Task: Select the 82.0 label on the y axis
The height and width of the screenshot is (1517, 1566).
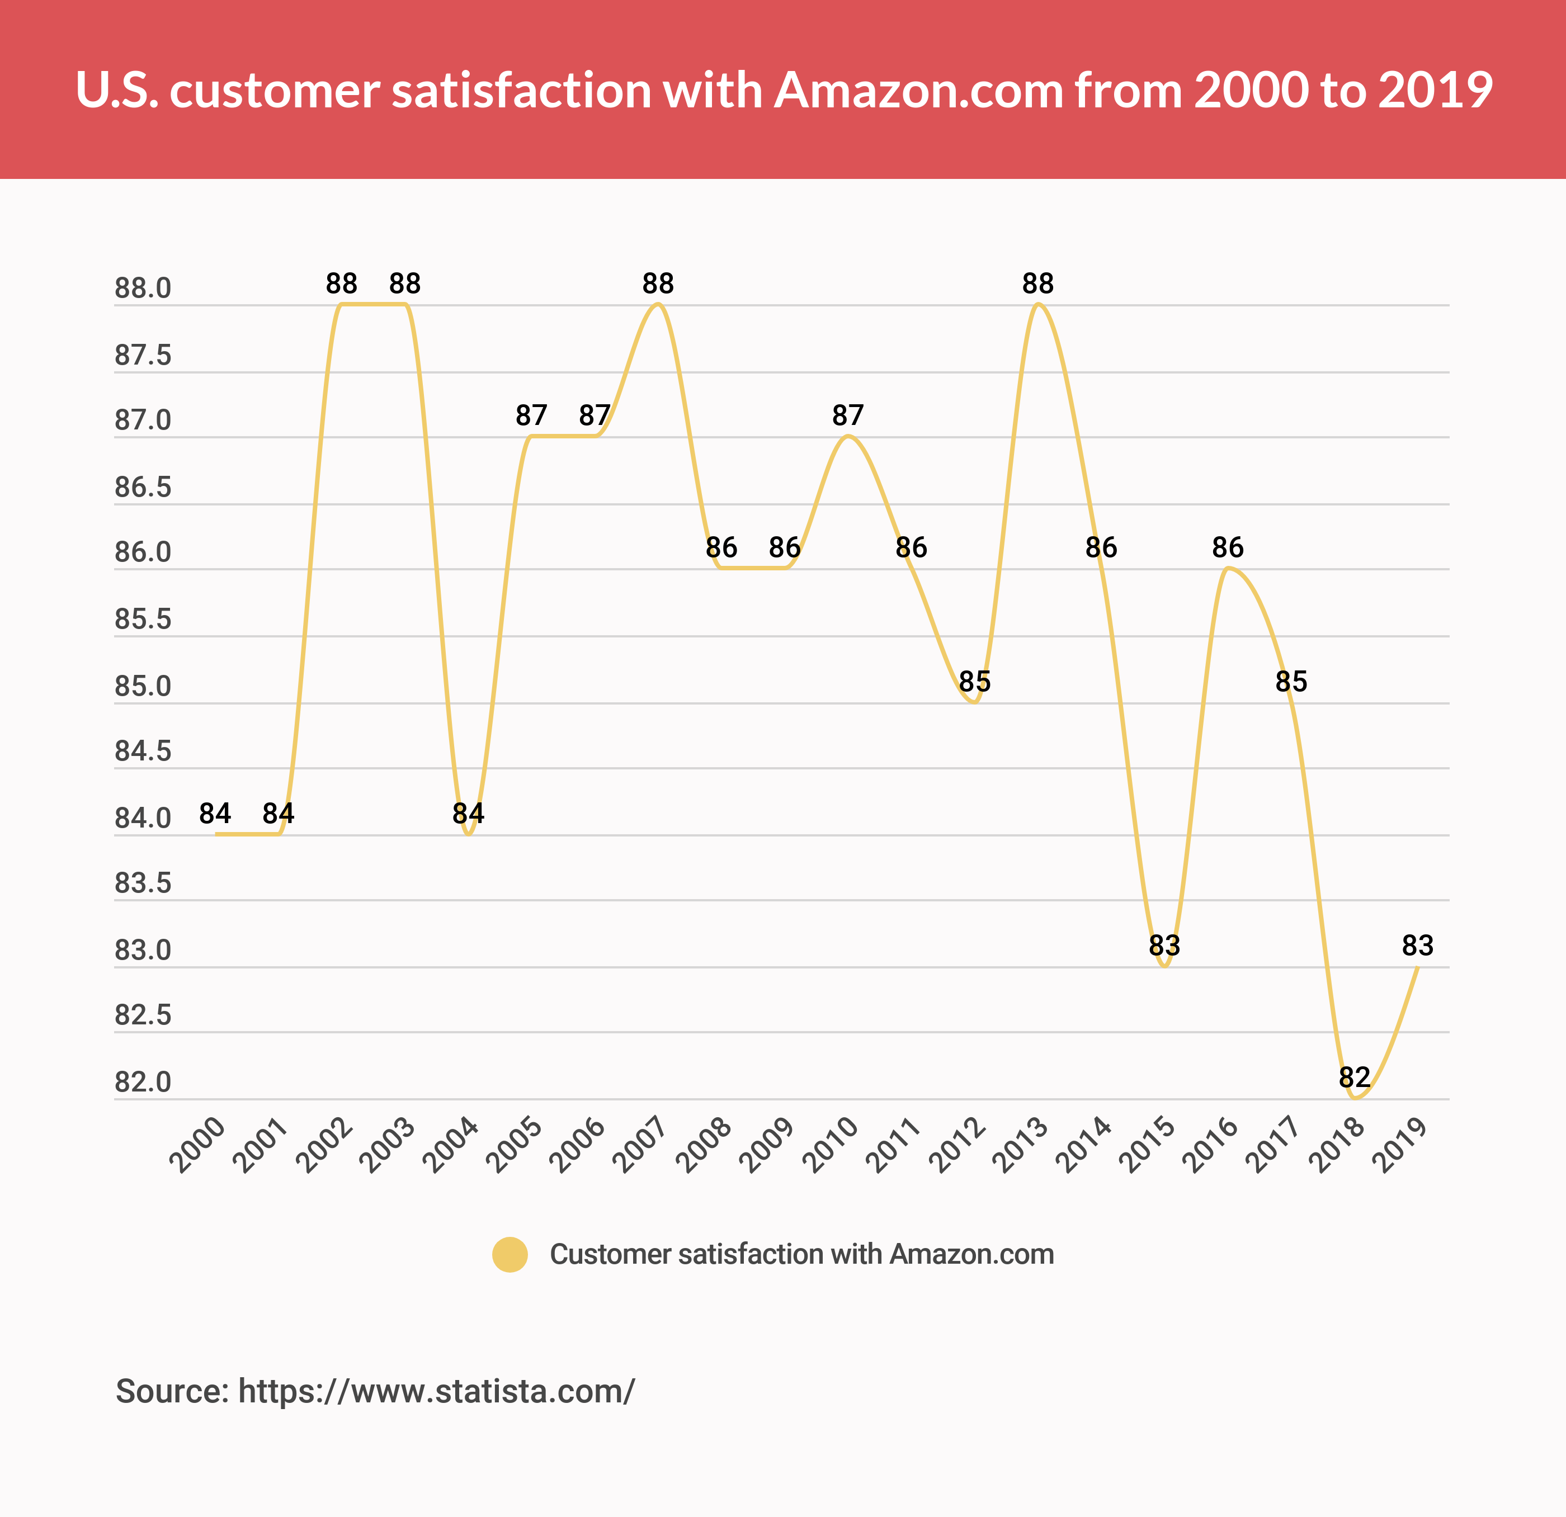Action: point(143,1081)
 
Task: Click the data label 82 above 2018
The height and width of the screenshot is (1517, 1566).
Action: point(1354,1077)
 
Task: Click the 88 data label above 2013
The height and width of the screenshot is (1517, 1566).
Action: point(1038,283)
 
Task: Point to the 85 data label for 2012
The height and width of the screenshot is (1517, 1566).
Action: point(974,682)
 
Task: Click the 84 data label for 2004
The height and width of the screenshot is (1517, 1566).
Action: point(468,813)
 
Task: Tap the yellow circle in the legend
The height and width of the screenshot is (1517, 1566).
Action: point(510,1254)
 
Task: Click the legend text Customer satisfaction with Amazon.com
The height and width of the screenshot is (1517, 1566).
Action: point(801,1254)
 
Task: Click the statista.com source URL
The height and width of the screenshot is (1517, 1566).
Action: point(436,1391)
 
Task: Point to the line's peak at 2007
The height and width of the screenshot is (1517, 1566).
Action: point(658,304)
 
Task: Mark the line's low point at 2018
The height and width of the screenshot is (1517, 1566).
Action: point(1354,1098)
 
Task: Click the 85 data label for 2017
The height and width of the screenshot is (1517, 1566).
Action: point(1291,682)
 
